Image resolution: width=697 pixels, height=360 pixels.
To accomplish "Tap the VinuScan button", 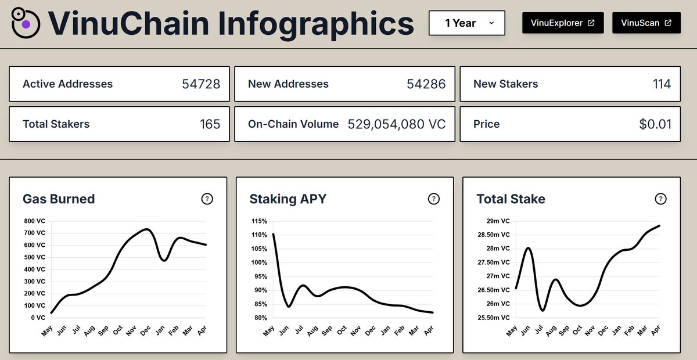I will point(646,23).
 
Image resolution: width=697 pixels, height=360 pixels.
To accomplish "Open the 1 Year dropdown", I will point(467,23).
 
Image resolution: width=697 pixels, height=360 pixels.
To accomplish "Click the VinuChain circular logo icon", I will point(26,23).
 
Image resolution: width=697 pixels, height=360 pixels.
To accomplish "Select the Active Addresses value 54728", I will point(201,84).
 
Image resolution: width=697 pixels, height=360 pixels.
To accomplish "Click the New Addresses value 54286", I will point(426,84).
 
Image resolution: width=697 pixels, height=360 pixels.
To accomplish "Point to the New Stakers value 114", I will point(662,84).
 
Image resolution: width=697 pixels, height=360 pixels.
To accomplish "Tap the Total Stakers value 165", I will point(210,124).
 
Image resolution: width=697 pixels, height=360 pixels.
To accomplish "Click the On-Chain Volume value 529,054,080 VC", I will point(397,124).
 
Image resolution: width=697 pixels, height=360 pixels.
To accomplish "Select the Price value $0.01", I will point(655,124).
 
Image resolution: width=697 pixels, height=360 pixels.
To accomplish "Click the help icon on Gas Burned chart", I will point(207,199).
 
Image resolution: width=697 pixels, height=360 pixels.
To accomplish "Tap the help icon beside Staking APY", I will point(434,199).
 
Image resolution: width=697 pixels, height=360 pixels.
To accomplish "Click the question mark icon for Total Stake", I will point(660,199).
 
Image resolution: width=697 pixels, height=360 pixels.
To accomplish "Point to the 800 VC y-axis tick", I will point(34,221).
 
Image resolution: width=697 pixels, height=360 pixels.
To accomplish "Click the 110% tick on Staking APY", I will point(259,235).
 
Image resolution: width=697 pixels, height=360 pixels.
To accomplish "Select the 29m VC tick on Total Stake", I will point(498,221).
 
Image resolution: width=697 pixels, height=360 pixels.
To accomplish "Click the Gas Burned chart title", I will point(59,199).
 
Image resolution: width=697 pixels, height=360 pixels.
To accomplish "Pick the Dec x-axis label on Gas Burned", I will point(145,330).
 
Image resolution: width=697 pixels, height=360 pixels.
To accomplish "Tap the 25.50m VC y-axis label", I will point(494,318).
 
